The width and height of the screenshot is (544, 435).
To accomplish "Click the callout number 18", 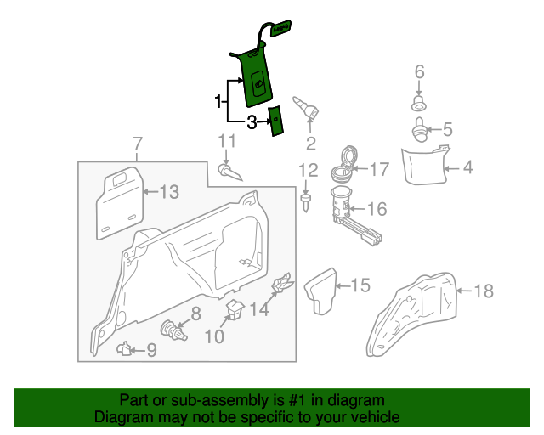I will coord(482,291).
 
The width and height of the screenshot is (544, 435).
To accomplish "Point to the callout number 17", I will coord(378,169).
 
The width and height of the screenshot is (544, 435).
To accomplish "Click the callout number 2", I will coord(310,143).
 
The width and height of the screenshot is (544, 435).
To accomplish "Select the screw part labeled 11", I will coord(229,172).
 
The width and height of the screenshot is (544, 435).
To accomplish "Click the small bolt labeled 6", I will coord(418,103).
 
